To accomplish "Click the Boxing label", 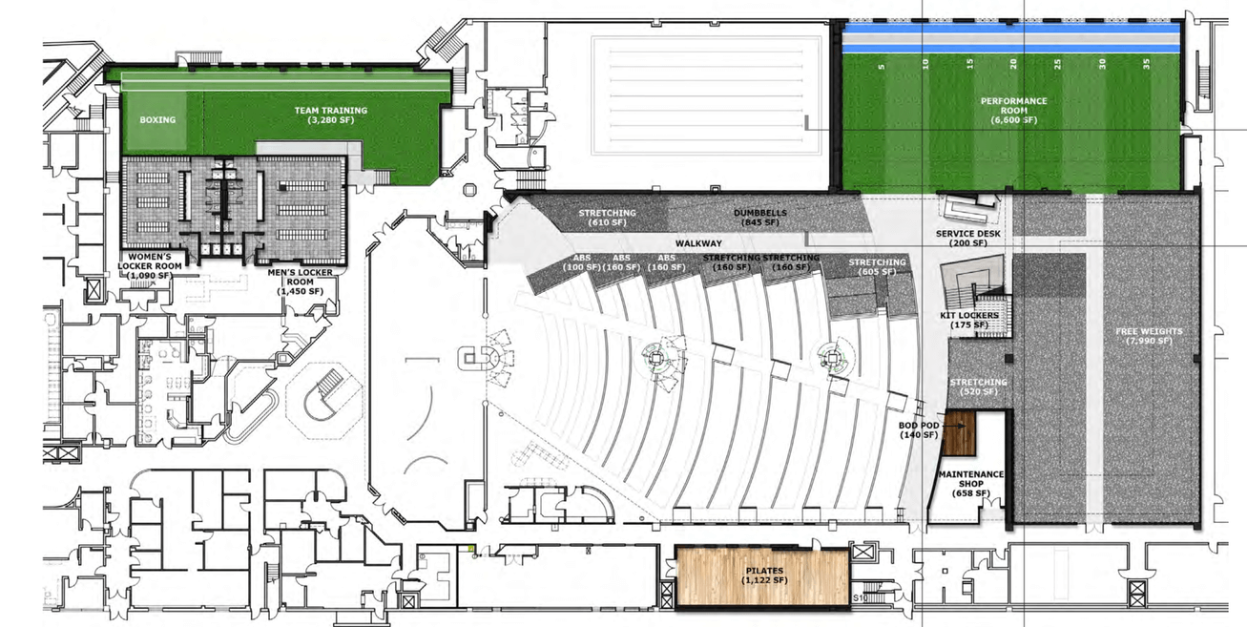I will (x=157, y=120).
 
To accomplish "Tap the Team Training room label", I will (x=330, y=115).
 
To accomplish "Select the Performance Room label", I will (x=1013, y=110).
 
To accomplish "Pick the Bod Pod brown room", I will (x=959, y=434).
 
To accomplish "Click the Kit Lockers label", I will (x=974, y=320).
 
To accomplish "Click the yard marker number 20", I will (x=1014, y=65).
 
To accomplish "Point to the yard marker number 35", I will (x=1147, y=65).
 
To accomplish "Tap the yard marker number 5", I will (x=882, y=65).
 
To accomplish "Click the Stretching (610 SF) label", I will (x=607, y=217).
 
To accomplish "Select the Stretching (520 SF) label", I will (x=978, y=387).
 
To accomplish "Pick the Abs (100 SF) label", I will (x=581, y=262).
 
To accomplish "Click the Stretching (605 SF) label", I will (x=877, y=266).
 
